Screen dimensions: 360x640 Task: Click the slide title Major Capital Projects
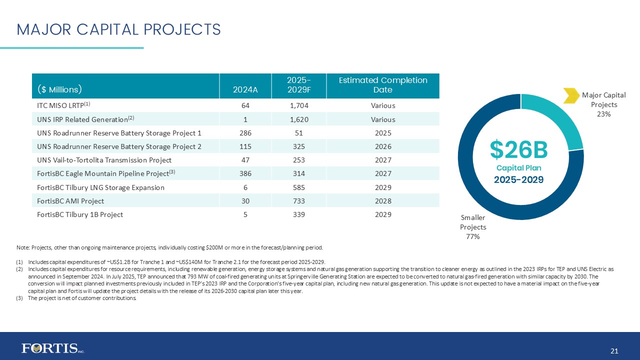click(118, 29)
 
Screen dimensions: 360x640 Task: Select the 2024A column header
click(245, 90)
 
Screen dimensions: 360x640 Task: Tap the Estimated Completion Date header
click(382, 85)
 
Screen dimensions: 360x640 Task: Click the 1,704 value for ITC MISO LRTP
click(298, 105)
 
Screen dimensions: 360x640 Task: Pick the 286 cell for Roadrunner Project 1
click(245, 133)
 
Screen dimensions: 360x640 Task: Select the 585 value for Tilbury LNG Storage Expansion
click(298, 187)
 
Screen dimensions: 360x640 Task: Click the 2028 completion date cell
click(382, 201)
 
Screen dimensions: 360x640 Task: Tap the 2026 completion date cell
click(382, 146)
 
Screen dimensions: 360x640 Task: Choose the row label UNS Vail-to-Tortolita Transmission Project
click(104, 160)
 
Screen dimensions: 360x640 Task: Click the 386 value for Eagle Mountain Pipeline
click(245, 174)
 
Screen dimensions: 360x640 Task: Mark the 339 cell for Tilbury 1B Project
click(298, 214)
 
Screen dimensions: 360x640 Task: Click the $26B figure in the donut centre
click(518, 149)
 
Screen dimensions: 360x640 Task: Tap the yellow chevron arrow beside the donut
click(570, 95)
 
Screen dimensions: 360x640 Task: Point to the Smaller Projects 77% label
click(473, 227)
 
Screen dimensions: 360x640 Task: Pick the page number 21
click(614, 351)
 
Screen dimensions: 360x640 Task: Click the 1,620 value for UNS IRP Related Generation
click(298, 119)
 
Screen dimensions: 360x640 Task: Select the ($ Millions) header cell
click(59, 90)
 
